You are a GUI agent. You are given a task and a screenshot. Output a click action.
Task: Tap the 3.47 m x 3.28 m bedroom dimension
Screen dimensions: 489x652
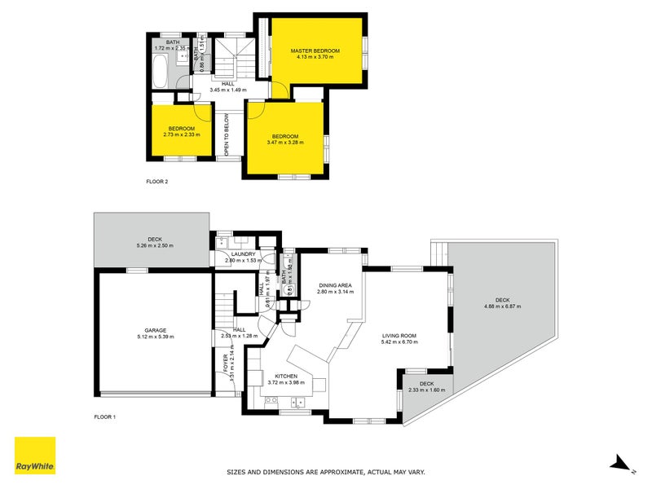pyautogui.click(x=284, y=143)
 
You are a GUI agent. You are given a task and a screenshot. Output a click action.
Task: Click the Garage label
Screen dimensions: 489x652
pyautogui.click(x=155, y=330)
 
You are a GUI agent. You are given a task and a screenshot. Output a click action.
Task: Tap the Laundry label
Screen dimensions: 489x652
pyautogui.click(x=244, y=253)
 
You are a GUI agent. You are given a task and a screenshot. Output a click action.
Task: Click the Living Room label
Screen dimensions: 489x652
pyautogui.click(x=400, y=335)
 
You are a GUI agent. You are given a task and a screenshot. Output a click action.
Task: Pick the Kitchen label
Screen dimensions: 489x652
pyautogui.click(x=286, y=376)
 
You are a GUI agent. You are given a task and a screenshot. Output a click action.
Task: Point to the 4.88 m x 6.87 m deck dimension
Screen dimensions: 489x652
pyautogui.click(x=502, y=306)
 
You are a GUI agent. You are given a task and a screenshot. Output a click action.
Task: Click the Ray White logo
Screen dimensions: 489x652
pyautogui.click(x=35, y=456)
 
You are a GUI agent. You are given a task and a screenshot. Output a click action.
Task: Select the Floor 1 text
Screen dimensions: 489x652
pyautogui.click(x=105, y=417)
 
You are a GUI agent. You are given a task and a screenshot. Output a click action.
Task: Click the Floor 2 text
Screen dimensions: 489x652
pyautogui.click(x=156, y=181)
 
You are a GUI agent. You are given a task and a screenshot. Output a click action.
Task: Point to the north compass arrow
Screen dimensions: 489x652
pyautogui.click(x=622, y=465)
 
